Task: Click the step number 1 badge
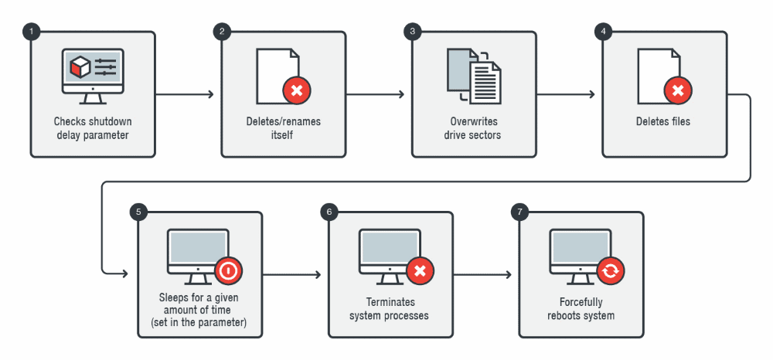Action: (32, 32)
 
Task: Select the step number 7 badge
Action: (519, 212)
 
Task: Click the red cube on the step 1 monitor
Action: (80, 67)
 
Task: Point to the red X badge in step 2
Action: (297, 90)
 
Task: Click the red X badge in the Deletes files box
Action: (678, 90)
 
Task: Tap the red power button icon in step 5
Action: (229, 271)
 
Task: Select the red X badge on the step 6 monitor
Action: (420, 271)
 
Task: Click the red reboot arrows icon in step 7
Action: (611, 271)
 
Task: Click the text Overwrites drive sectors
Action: (474, 128)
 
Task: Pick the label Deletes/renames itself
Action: (284, 128)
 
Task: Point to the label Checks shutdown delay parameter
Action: (93, 128)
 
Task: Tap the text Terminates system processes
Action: (390, 309)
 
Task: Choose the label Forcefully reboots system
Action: (581, 309)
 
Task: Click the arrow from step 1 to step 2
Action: (185, 94)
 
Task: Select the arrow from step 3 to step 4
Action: (566, 94)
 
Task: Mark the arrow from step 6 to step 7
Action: (482, 274)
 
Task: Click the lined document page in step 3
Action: (485, 82)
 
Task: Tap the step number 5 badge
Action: (138, 212)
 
